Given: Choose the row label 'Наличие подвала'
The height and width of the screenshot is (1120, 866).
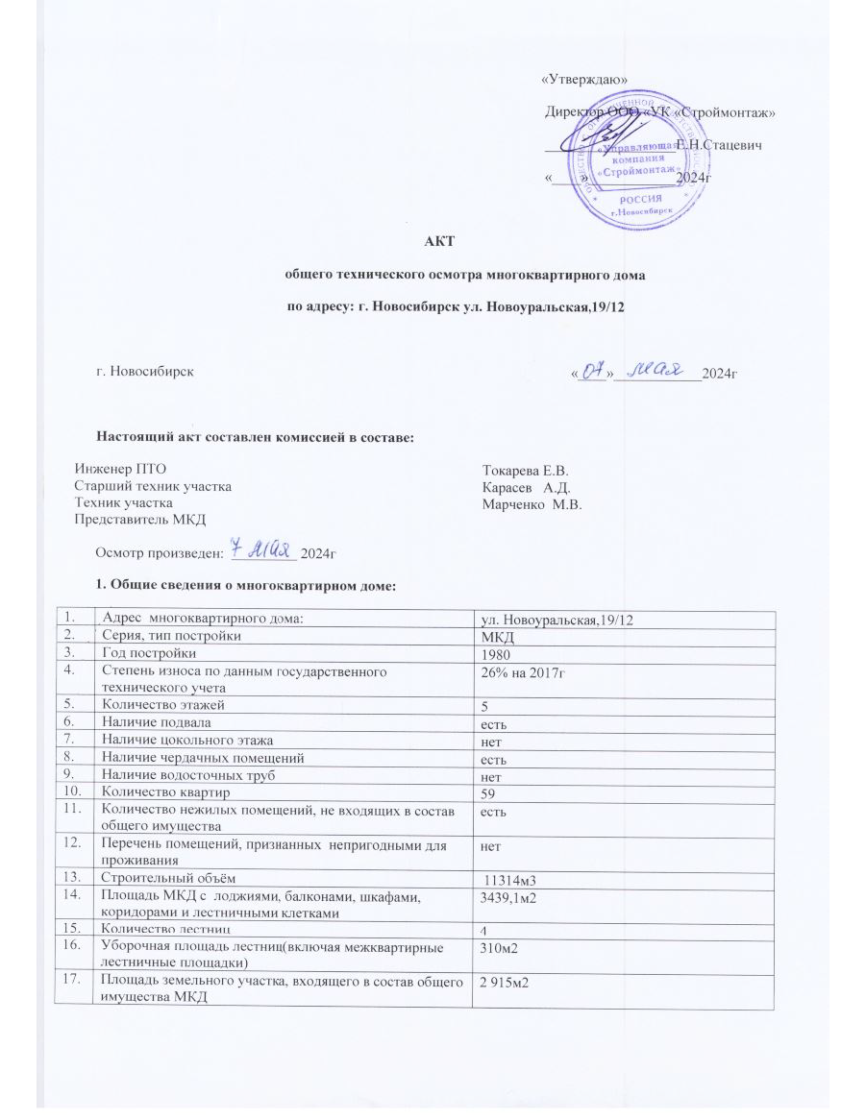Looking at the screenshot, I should (150, 721).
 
